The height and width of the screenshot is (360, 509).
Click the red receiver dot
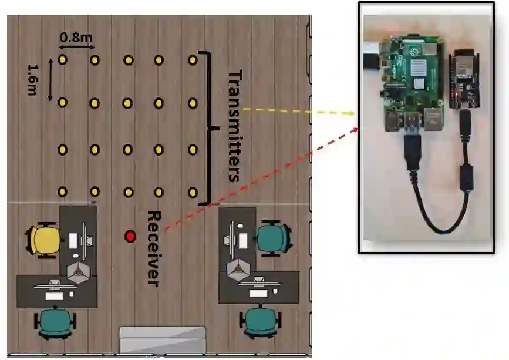[130, 236]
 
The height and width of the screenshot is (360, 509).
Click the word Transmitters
[234, 126]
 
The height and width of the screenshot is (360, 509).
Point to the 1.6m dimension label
[33, 79]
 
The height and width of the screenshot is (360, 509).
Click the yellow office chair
[43, 240]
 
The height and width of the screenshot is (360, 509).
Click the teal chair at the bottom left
[56, 322]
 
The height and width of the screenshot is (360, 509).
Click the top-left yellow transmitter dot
[62, 59]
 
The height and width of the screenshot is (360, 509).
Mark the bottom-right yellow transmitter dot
[193, 191]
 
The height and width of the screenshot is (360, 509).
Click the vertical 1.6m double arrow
[50, 79]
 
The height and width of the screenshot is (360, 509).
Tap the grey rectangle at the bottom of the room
[162, 339]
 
